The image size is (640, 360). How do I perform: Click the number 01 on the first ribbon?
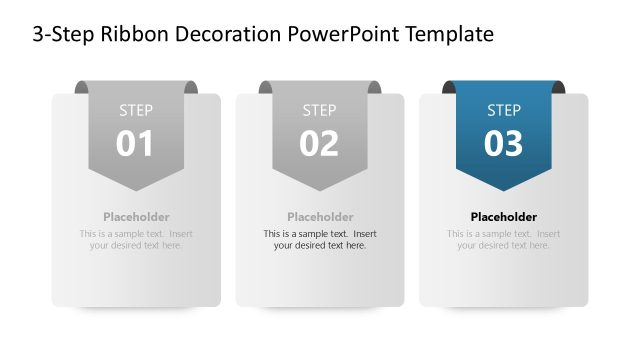(x=136, y=144)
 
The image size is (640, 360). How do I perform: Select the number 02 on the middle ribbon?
(x=320, y=144)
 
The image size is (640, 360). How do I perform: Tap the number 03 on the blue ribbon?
(x=504, y=144)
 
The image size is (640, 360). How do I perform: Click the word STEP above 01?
(x=136, y=110)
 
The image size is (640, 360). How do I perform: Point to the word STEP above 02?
(x=320, y=110)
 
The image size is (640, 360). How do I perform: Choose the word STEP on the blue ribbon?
(x=504, y=110)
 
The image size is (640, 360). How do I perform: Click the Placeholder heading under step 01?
(x=136, y=217)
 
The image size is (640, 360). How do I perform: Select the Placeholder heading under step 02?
(x=320, y=217)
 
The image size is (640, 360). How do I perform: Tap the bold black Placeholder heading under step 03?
(x=504, y=217)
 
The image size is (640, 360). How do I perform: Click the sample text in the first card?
(x=136, y=239)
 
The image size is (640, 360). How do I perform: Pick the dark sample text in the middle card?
(x=320, y=239)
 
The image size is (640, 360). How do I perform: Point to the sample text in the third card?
(x=504, y=239)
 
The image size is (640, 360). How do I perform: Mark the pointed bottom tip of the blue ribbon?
(x=504, y=189)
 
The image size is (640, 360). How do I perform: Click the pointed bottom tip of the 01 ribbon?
(x=136, y=189)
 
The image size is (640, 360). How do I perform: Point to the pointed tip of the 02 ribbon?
(x=320, y=189)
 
